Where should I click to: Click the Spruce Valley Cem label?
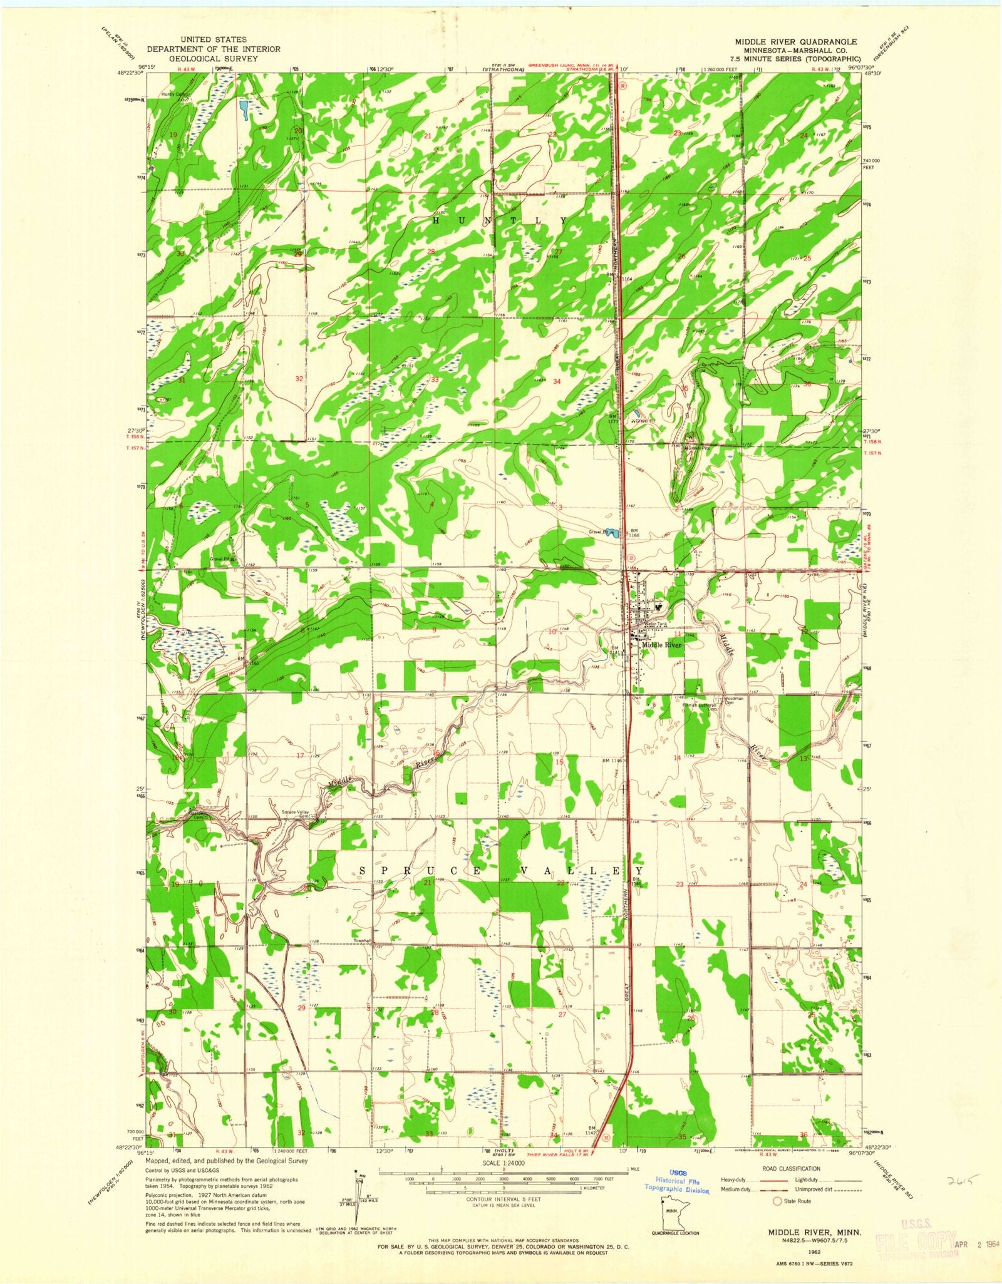click(297, 814)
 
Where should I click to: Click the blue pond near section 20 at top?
click(243, 109)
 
